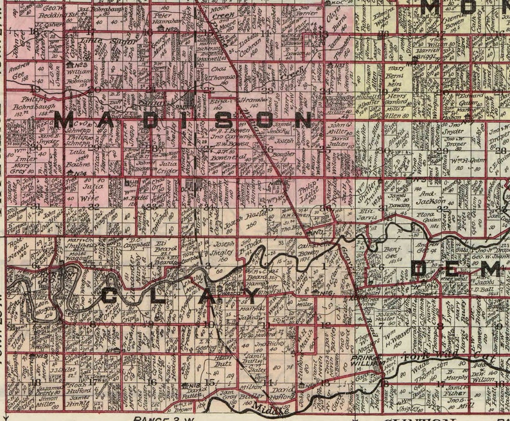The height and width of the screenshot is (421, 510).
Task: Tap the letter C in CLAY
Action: click(110, 297)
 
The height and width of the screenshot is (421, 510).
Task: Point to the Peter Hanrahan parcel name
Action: click(169, 18)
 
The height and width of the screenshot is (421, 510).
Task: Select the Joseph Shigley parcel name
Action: click(224, 249)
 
